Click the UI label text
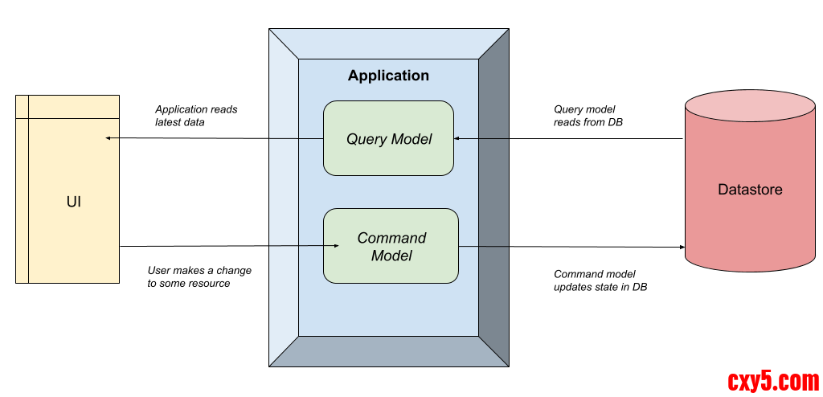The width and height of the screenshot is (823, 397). [x=73, y=202]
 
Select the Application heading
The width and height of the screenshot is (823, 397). [x=388, y=76]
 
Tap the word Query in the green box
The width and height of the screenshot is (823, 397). [x=366, y=139]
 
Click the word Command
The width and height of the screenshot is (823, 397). [x=391, y=238]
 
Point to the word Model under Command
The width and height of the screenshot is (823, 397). [x=391, y=256]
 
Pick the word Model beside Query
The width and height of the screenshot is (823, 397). [x=412, y=139]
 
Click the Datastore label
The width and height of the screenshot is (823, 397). [x=750, y=190]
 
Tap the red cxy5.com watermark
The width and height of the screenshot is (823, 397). [x=772, y=380]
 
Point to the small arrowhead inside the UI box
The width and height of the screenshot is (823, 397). [x=108, y=138]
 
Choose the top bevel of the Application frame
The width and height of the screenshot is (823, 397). [x=388, y=43]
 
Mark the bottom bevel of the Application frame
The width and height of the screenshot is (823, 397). [x=388, y=351]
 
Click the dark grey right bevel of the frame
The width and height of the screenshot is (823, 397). [x=493, y=198]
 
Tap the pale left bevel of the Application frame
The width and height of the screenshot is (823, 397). [x=284, y=198]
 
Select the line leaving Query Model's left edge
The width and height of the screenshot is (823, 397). [x=296, y=139]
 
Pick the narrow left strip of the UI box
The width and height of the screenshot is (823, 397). [x=22, y=201]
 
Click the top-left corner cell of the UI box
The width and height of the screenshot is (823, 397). [x=22, y=107]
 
